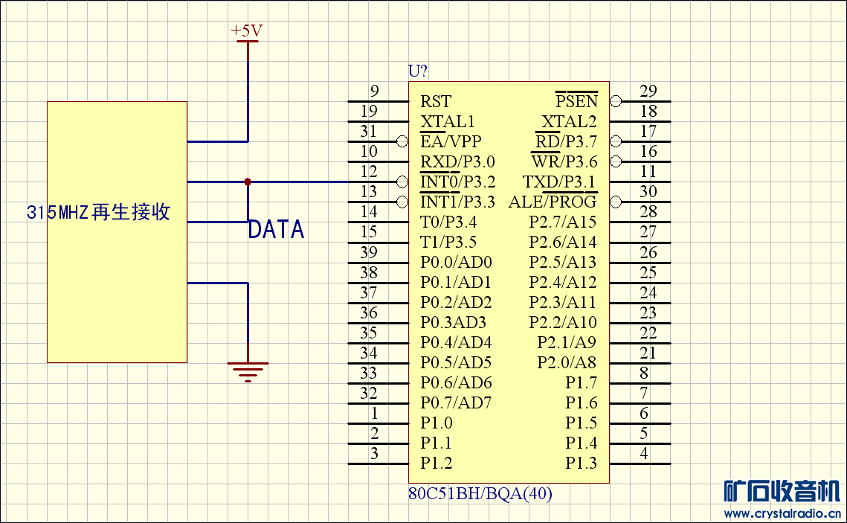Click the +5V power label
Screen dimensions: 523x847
tap(247, 31)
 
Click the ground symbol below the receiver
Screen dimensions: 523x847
tap(248, 370)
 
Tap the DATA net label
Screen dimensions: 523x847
tap(276, 230)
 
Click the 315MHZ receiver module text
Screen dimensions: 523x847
tap(99, 212)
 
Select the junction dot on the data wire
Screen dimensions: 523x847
tap(248, 182)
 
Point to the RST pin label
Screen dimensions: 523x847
tap(436, 101)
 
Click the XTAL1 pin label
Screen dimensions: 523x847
tap(447, 121)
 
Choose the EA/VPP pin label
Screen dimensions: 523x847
tap(451, 141)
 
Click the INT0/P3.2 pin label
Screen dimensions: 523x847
tap(457, 182)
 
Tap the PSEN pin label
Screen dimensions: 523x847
tap(576, 101)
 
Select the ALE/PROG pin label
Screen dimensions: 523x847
tap(553, 202)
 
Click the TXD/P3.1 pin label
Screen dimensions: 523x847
tap(559, 182)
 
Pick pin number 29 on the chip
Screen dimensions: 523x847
tap(648, 92)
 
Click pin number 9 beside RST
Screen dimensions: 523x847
tap(375, 92)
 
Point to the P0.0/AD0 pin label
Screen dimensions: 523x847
tap(456, 262)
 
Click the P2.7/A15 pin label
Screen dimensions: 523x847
tap(563, 222)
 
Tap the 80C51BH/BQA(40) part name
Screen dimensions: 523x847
tap(480, 493)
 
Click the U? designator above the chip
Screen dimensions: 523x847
tap(418, 71)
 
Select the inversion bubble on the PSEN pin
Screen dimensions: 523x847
tap(616, 101)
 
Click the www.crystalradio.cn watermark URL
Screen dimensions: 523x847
tap(782, 513)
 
